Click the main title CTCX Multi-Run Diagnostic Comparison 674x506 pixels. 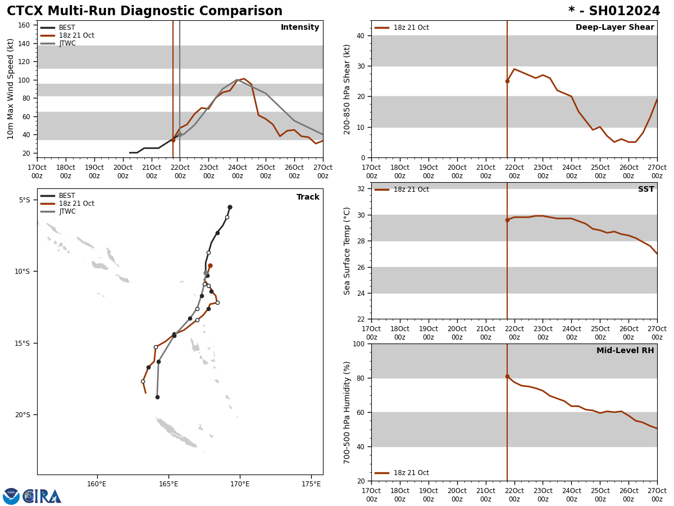click(x=144, y=11)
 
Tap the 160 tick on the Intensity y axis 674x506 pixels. click(x=24, y=25)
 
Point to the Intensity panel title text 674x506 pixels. click(x=299, y=28)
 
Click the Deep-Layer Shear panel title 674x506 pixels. click(x=614, y=28)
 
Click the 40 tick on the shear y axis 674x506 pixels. click(x=360, y=35)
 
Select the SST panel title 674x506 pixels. click(x=645, y=189)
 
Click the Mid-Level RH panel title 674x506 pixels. click(x=625, y=351)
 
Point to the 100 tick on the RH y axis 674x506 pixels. click(x=357, y=344)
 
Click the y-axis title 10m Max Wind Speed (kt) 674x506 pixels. click(x=11, y=89)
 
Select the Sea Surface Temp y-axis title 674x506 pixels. click(x=347, y=251)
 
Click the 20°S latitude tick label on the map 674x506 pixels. click(x=25, y=415)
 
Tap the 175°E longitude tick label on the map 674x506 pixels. click(x=311, y=484)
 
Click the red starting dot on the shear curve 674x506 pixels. click(x=507, y=81)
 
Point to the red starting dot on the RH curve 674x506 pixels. click(x=507, y=376)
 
